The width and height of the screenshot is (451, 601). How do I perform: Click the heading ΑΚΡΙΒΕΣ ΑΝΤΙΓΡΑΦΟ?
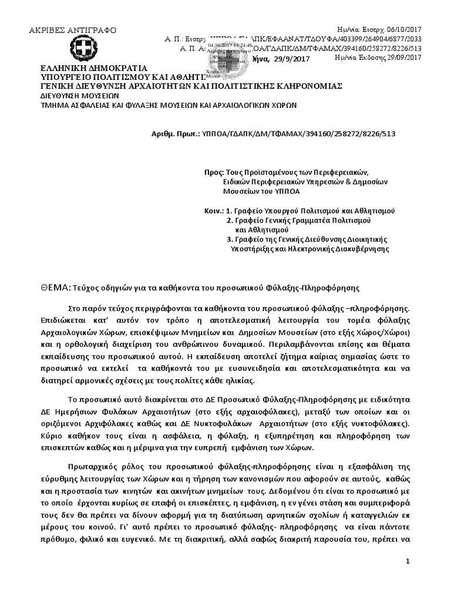point(73,31)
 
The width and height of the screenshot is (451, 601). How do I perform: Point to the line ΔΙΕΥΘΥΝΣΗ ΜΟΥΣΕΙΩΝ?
point(80,94)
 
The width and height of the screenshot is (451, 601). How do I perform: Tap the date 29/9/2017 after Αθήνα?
point(292,59)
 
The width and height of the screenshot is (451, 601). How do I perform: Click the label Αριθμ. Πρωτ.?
point(176,134)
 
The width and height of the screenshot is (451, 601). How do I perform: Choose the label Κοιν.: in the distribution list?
point(212,210)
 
